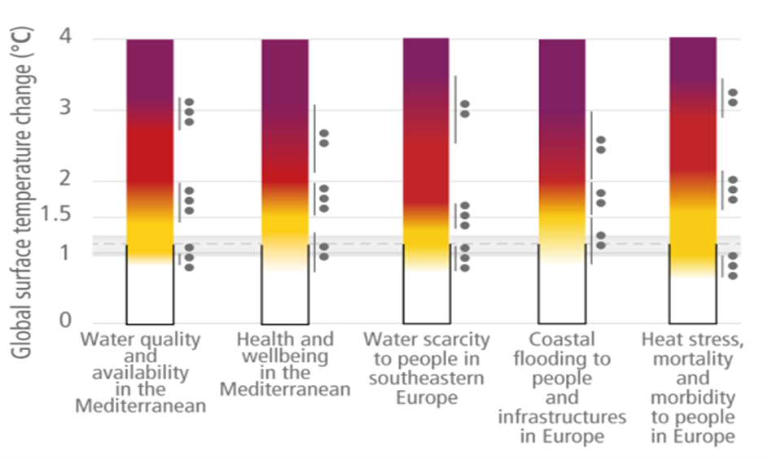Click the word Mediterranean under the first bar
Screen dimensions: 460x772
pyautogui.click(x=140, y=405)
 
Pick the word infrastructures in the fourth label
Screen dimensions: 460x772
pyautogui.click(x=562, y=417)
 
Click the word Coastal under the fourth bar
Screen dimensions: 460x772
pyautogui.click(x=562, y=340)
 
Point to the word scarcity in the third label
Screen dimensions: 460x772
pyautogui.click(x=456, y=340)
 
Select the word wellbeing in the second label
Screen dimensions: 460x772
pyautogui.click(x=284, y=356)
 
